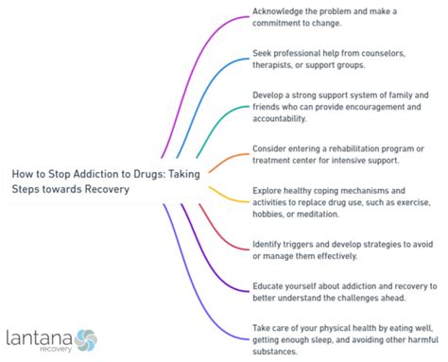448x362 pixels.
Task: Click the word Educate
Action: coord(270,285)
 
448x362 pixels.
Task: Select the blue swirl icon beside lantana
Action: coord(86,337)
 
